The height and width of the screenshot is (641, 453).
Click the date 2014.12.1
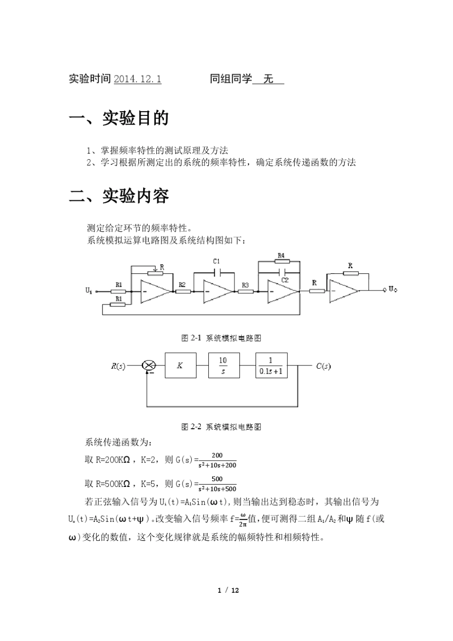[x=137, y=79]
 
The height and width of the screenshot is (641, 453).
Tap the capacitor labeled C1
[x=217, y=273]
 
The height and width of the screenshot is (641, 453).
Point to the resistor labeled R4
[x=281, y=261]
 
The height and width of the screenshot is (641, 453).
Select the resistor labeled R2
[x=183, y=291]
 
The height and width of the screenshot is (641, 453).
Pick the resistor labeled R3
[x=245, y=291]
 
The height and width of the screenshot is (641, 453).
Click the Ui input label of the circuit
[x=89, y=290]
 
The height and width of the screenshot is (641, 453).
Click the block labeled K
[x=180, y=365]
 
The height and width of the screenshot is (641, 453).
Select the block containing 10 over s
[x=223, y=365]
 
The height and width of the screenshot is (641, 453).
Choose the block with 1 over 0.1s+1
[x=271, y=365]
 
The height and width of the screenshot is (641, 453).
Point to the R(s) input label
[x=118, y=366]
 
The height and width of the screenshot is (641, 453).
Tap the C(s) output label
[x=323, y=366]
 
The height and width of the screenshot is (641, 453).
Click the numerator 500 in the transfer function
[x=217, y=479]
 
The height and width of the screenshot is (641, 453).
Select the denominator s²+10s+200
[x=217, y=465]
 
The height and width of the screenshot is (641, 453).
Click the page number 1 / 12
[x=228, y=590]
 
